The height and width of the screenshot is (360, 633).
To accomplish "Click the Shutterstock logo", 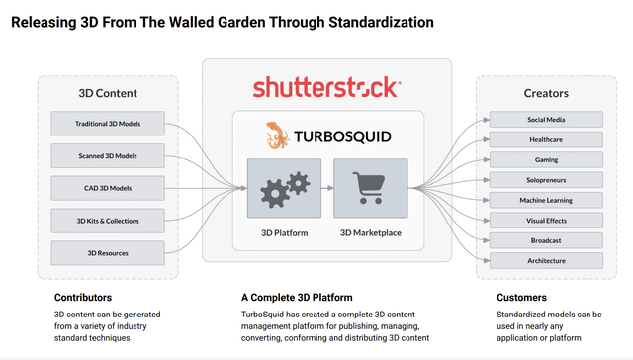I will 326,87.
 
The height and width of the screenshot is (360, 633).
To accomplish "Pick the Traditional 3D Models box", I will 107,124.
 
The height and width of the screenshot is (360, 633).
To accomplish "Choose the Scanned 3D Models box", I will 107,155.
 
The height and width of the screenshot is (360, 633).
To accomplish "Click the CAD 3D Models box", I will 107,187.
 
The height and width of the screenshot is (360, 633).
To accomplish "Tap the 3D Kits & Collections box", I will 107,220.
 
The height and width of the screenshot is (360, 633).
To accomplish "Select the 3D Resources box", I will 107,252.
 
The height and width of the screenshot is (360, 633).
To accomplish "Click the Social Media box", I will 546,120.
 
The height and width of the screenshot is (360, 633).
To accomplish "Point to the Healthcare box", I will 546,139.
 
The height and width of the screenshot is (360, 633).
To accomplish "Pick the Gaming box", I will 546,159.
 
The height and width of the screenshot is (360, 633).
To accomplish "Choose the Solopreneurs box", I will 546,180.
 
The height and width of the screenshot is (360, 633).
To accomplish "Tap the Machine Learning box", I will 546,200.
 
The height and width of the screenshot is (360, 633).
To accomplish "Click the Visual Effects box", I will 546,220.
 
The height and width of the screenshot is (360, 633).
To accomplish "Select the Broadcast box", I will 546,240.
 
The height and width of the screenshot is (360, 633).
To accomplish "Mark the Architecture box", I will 546,260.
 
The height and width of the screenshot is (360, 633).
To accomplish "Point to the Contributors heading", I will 82,297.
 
